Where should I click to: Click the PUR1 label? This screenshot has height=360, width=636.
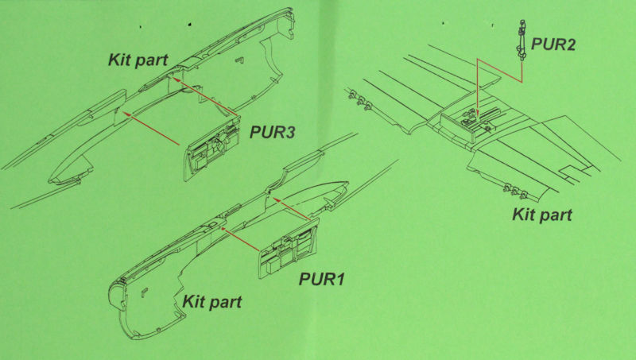[322, 279]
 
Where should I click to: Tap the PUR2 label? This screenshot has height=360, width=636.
[553, 45]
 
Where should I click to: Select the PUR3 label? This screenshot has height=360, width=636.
[272, 132]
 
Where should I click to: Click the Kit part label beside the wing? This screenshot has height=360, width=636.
[542, 215]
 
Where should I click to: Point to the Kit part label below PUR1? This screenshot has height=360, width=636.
[211, 302]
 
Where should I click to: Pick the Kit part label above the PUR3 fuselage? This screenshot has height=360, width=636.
[138, 60]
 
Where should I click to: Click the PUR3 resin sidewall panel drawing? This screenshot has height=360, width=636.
[212, 149]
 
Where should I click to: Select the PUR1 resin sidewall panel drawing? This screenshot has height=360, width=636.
[289, 248]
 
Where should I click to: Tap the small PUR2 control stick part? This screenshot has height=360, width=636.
[521, 41]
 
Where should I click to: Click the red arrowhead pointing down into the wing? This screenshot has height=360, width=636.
[479, 112]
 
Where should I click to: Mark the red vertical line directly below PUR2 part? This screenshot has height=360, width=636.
[522, 72]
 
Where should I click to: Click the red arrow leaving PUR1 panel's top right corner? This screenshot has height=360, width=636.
[293, 210]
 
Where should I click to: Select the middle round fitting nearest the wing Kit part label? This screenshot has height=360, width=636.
[515, 192]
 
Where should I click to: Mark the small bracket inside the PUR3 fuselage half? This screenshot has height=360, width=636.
[240, 60]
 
